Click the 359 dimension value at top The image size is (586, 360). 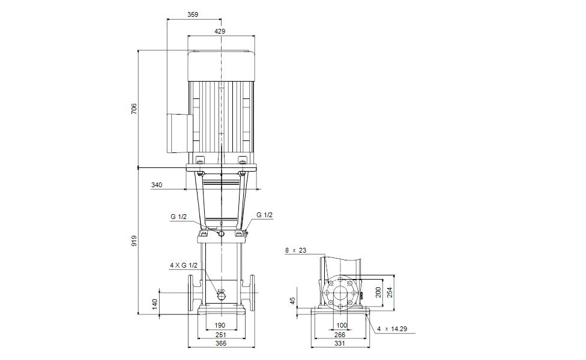(193, 14)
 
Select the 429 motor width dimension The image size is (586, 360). (220, 31)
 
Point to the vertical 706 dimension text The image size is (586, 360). (134, 109)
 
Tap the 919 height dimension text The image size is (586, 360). (134, 241)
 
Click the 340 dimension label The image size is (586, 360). (157, 185)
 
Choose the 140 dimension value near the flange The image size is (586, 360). (155, 304)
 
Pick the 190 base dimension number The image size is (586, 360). (220, 325)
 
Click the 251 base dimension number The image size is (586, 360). (221, 335)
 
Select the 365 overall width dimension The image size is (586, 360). (221, 343)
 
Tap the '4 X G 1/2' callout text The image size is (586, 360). (184, 265)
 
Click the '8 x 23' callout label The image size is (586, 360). (295, 250)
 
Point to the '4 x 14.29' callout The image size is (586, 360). (392, 329)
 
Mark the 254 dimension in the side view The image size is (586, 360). (390, 292)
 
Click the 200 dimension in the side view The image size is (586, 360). (378, 292)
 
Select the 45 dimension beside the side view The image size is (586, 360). (292, 300)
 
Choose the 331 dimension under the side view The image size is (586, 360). (339, 343)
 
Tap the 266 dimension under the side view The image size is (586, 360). (339, 335)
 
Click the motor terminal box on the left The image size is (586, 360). (180, 133)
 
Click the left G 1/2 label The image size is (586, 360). (179, 217)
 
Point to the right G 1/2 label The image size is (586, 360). (265, 215)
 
